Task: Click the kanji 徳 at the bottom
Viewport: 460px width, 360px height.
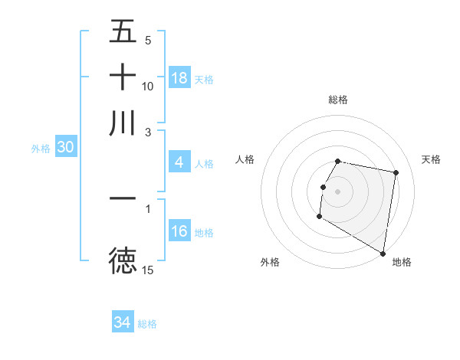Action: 123,261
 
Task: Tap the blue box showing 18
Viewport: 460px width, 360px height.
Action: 179,78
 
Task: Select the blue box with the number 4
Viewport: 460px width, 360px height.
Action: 179,162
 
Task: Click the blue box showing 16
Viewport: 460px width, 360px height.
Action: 179,231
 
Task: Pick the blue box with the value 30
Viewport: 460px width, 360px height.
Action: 65,148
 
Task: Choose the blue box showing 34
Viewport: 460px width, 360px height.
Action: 123,322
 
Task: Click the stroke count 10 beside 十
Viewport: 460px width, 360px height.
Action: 148,86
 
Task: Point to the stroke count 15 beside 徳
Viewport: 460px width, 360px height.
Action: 148,270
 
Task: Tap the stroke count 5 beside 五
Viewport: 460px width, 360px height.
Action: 148,40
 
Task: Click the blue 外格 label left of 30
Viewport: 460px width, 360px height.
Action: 40,149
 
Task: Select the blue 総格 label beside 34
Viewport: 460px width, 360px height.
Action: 147,324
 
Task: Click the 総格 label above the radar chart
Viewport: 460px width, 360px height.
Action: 338,100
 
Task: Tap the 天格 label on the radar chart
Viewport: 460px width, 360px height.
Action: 432,159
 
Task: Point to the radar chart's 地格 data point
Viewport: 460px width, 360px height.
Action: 383,254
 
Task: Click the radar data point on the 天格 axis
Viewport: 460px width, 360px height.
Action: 396,173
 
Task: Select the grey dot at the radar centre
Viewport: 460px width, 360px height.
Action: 338,191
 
